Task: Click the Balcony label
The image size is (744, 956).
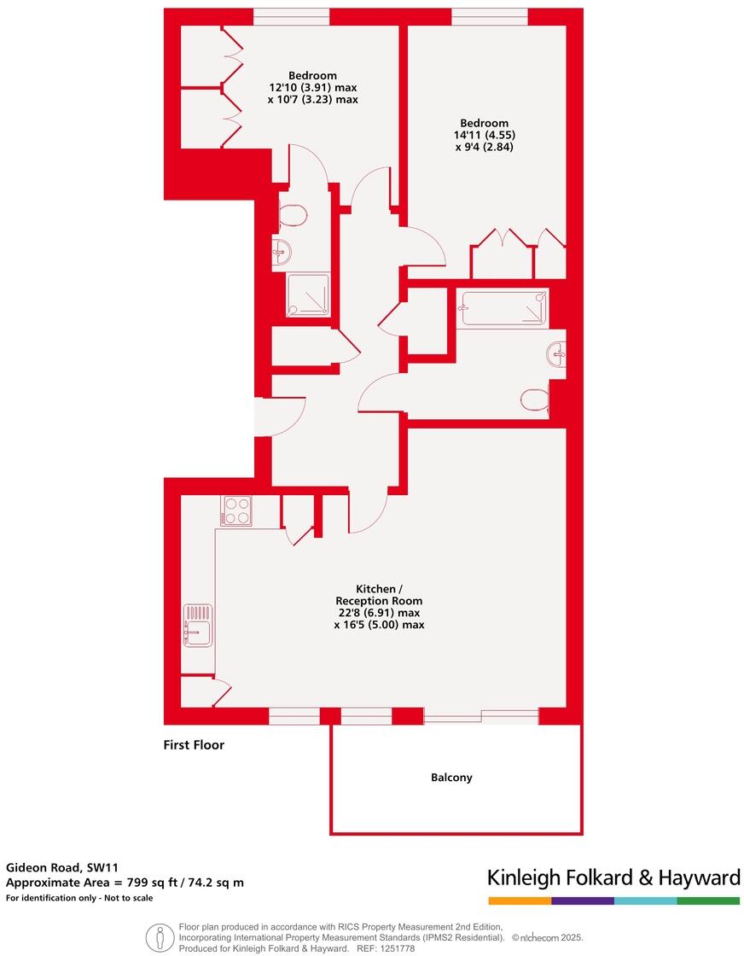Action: pyautogui.click(x=451, y=778)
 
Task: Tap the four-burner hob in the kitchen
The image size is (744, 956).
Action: pyautogui.click(x=236, y=510)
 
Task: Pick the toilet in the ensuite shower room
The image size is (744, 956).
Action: pyautogui.click(x=292, y=215)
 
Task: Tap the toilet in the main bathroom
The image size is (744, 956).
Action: pyautogui.click(x=535, y=399)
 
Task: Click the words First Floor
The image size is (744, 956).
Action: pyautogui.click(x=194, y=744)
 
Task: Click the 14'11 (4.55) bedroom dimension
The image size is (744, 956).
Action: pyautogui.click(x=485, y=135)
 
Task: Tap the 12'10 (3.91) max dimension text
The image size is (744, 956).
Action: pyautogui.click(x=312, y=87)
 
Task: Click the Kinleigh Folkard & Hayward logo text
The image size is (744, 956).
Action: pyautogui.click(x=613, y=877)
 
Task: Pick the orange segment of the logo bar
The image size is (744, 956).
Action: pyautogui.click(x=519, y=901)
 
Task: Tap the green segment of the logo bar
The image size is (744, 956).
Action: pyautogui.click(x=708, y=901)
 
